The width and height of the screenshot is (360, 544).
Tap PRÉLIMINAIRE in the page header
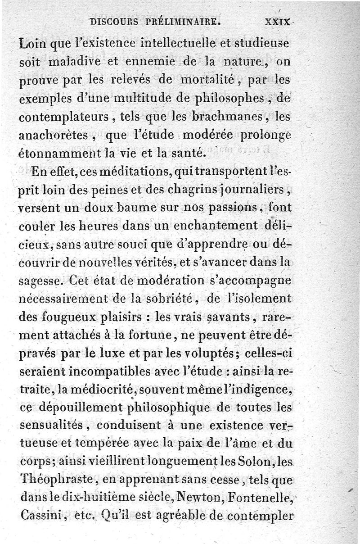(182, 21)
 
